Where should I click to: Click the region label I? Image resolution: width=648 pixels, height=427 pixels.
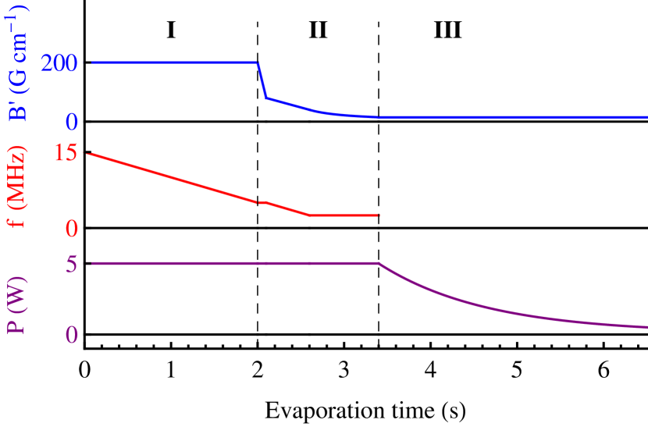coord(172,30)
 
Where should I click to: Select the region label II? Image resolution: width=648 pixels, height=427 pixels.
coord(318,30)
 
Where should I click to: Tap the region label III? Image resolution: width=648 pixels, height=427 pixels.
coord(447,30)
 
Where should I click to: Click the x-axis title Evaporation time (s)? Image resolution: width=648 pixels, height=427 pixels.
coord(365,409)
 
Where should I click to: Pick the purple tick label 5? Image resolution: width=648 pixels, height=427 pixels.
coord(70,264)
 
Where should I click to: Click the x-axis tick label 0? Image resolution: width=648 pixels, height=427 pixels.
coord(85,371)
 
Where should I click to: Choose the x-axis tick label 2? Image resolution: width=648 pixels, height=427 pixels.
coord(258,371)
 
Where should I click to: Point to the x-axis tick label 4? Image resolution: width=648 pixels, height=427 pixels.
coord(430,371)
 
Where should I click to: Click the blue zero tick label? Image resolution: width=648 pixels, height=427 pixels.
coord(70,122)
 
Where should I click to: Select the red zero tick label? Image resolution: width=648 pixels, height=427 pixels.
coord(70,228)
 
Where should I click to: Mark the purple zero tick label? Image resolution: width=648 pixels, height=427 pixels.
coord(70,335)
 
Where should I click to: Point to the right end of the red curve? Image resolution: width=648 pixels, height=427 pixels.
coord(379,215)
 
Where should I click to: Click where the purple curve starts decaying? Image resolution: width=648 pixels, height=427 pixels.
coord(379,264)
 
